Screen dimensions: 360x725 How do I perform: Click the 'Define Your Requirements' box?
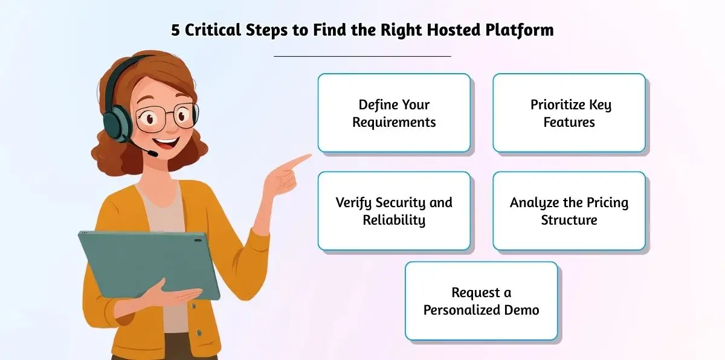click(x=394, y=113)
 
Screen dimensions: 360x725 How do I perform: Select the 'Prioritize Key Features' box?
click(x=569, y=113)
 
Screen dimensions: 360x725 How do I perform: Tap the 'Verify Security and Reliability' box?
click(x=394, y=211)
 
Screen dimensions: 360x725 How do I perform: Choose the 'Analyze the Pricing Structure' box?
click(x=569, y=211)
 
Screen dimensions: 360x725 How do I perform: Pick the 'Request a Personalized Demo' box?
click(x=481, y=301)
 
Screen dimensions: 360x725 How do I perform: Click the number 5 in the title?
click(x=175, y=31)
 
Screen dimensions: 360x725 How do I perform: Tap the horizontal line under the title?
click(x=362, y=56)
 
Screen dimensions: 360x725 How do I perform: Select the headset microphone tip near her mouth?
click(x=152, y=154)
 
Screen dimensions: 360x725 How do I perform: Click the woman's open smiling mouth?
click(x=168, y=145)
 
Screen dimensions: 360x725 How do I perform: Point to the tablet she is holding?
click(x=148, y=263)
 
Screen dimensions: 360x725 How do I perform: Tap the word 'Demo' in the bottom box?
click(x=522, y=310)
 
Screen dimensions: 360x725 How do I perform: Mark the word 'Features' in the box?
click(x=569, y=122)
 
